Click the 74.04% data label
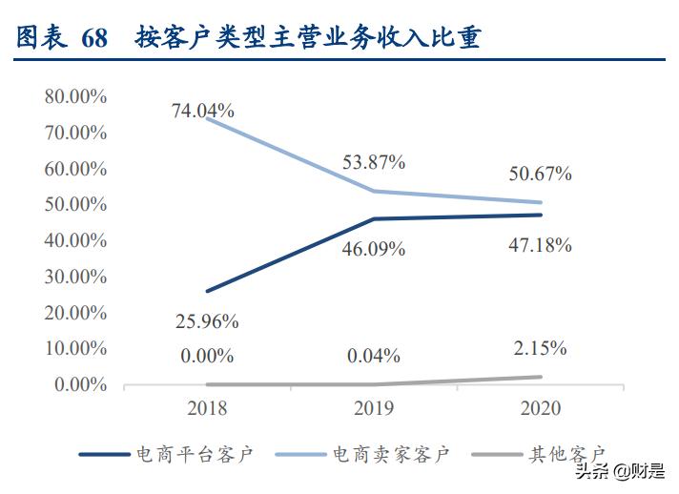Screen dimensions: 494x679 202,111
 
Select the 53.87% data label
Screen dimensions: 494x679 373,162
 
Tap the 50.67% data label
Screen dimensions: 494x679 539,174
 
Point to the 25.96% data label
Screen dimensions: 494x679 206,321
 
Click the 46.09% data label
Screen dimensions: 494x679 373,249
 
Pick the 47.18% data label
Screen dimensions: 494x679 539,245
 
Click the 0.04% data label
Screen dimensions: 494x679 373,356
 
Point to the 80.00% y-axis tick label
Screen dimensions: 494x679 74,96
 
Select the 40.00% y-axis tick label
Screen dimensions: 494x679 74,240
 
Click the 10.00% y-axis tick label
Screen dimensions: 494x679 74,348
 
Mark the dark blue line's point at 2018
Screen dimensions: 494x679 207,291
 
